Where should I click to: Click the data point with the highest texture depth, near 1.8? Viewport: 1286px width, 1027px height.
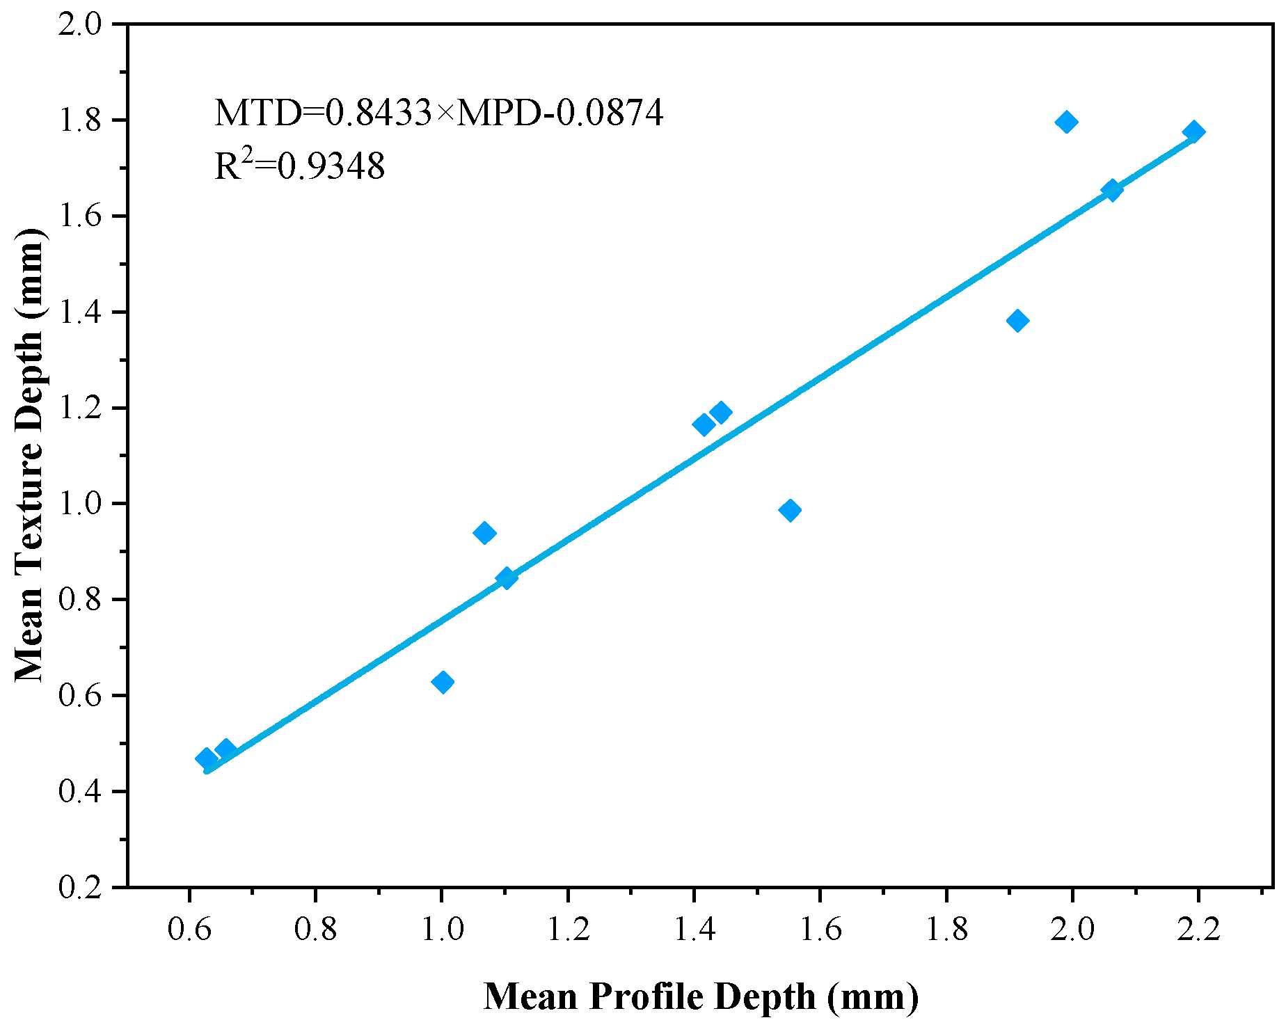(x=1066, y=122)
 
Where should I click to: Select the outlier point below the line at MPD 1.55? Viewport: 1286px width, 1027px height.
(x=789, y=510)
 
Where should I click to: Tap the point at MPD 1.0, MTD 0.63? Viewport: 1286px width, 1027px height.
(x=443, y=682)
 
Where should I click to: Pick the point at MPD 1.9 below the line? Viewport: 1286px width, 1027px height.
(x=1017, y=321)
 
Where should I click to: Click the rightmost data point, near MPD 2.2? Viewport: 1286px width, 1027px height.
(x=1193, y=132)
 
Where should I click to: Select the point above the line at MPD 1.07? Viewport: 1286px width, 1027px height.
(x=484, y=534)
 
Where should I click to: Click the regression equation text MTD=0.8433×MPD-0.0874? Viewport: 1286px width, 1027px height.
(x=438, y=113)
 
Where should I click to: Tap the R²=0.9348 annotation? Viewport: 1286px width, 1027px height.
(x=299, y=166)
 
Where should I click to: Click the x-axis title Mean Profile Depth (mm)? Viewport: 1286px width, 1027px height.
(x=701, y=996)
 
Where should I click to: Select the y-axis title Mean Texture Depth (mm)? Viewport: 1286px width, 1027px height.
(x=29, y=455)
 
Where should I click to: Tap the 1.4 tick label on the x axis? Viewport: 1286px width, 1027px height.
(x=694, y=930)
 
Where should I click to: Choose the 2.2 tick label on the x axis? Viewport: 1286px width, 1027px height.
(x=1198, y=930)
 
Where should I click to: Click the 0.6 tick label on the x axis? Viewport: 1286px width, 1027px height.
(x=189, y=930)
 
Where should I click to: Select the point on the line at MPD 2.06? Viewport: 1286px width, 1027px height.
(x=1112, y=190)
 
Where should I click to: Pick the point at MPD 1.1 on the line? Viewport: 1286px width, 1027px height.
(x=506, y=578)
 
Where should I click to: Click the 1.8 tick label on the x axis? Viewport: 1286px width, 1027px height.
(x=946, y=930)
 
